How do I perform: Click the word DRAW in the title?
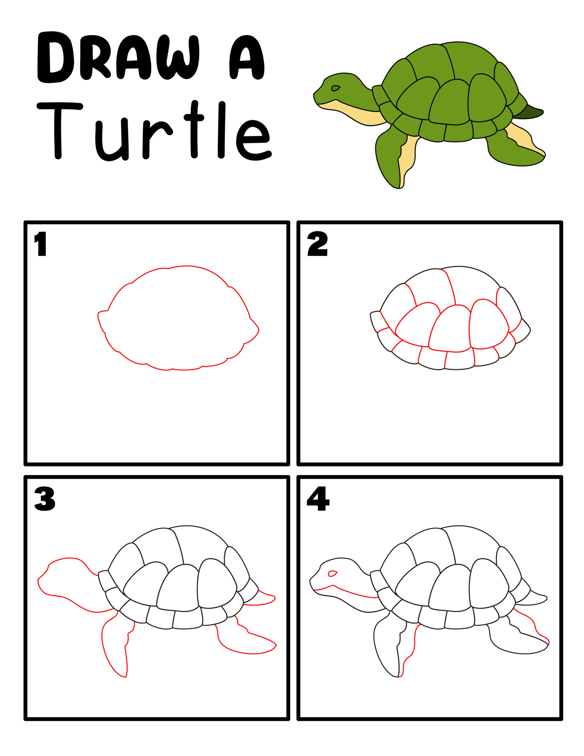[118, 57]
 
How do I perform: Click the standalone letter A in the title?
[246, 57]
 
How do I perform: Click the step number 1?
[41, 244]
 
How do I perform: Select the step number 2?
[317, 244]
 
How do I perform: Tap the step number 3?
[45, 499]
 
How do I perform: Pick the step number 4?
[318, 499]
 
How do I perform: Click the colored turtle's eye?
[335, 88]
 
